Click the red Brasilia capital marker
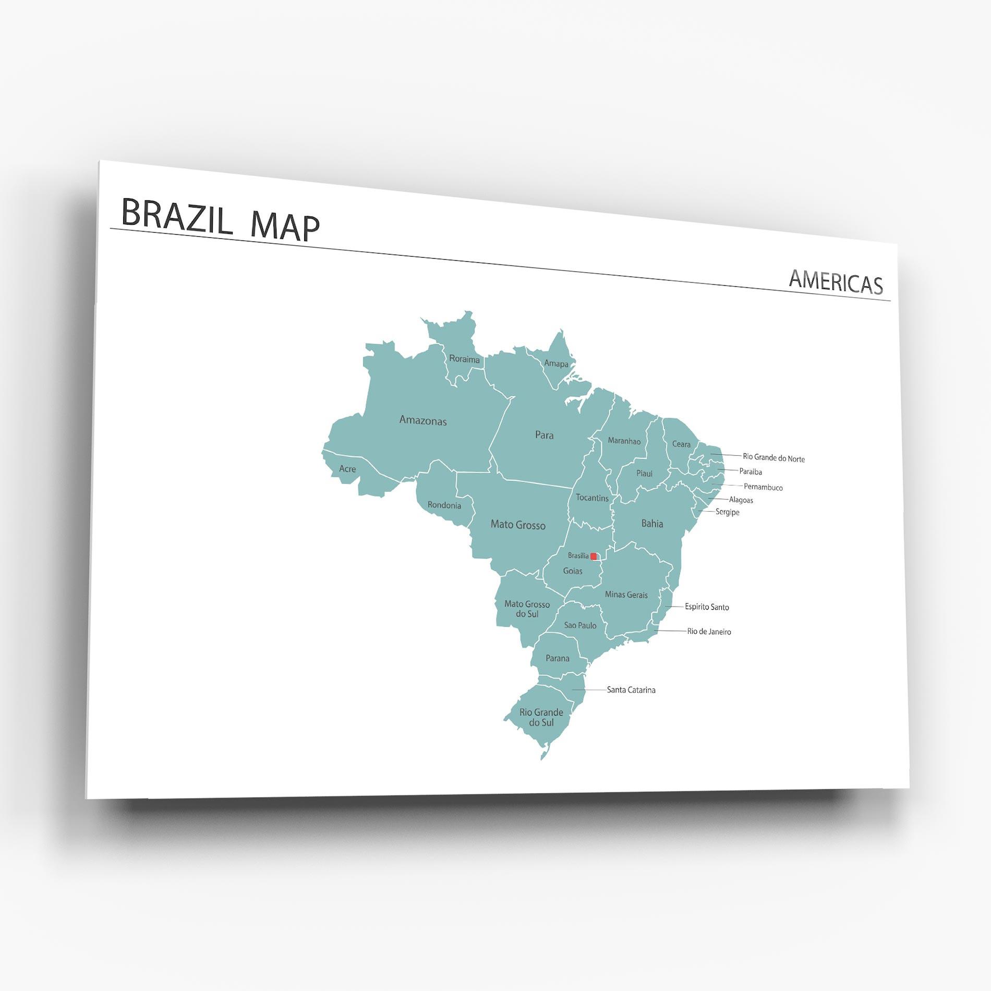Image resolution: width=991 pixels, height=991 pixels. click(594, 557)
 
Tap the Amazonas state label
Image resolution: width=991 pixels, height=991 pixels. click(423, 420)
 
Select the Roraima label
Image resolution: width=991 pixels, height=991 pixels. click(464, 359)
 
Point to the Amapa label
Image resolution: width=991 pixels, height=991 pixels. click(556, 364)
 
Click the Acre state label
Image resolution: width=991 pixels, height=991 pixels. click(347, 469)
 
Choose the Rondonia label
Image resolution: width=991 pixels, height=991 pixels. click(444, 505)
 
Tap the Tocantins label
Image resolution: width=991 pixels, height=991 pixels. click(592, 498)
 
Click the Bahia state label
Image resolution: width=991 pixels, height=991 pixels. click(652, 524)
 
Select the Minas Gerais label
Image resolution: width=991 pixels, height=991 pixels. click(626, 595)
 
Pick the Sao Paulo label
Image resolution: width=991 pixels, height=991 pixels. click(580, 625)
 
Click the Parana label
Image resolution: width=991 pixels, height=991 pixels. click(558, 658)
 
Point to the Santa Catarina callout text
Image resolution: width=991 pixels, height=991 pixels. click(631, 690)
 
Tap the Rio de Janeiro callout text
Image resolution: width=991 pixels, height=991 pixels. click(709, 632)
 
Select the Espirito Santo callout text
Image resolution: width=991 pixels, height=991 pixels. click(707, 607)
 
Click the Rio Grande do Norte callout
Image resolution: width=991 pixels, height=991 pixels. click(774, 458)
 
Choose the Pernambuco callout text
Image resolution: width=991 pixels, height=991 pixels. click(763, 487)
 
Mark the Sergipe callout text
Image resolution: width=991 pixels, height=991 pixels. click(727, 512)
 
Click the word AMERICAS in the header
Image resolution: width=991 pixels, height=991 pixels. click(836, 283)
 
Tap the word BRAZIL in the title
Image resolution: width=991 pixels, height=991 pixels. click(177, 215)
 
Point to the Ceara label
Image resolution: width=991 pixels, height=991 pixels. click(681, 444)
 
